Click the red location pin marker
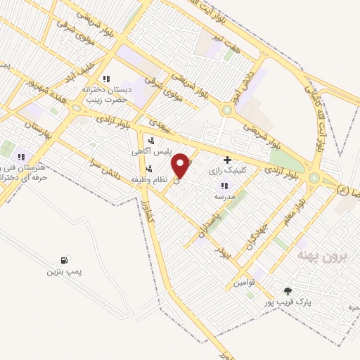tap(181, 165)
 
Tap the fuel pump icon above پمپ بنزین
tap(65, 260)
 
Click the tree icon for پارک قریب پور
tap(287, 291)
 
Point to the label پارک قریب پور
tap(286, 302)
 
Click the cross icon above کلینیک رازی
tap(226, 160)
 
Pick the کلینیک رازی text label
tap(225, 171)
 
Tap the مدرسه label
tap(224, 197)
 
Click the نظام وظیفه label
tap(150, 180)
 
